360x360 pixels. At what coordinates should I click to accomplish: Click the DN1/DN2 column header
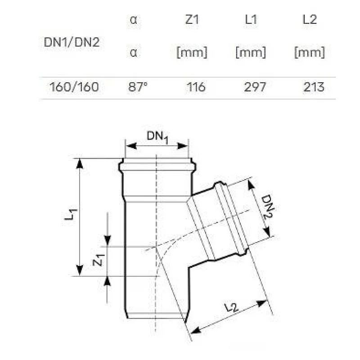72,42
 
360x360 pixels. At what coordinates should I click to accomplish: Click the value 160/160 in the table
74,87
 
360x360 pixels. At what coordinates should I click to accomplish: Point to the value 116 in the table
196,87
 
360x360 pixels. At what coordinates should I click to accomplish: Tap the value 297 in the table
254,87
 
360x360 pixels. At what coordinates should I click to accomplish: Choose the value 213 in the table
314,87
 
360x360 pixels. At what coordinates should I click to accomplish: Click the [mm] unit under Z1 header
192,53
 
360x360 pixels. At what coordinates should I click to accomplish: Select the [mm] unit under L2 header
309,53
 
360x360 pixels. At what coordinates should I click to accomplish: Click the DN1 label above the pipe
157,137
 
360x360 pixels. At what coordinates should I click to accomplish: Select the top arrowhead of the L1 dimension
80,163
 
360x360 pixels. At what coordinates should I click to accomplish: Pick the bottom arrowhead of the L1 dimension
80,270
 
